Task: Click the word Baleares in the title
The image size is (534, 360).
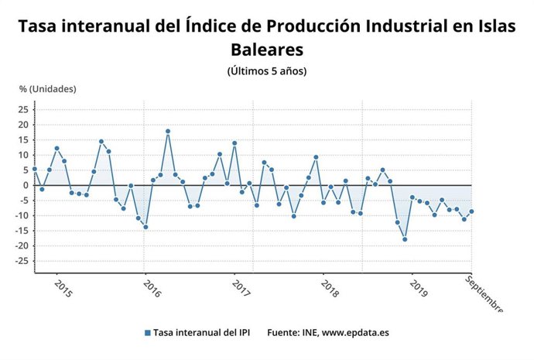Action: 267,50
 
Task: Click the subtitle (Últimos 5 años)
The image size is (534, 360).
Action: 267,71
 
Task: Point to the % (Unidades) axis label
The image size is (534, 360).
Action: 47,89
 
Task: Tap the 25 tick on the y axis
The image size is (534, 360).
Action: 22,109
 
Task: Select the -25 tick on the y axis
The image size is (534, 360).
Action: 21,261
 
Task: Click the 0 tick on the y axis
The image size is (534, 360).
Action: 25,185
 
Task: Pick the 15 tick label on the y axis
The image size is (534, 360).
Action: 22,139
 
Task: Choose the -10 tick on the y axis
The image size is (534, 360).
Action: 21,215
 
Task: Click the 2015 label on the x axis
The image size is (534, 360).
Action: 64,290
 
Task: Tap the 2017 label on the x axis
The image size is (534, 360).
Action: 242,290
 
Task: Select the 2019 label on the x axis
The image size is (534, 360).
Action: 419,290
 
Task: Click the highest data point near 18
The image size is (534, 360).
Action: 168,132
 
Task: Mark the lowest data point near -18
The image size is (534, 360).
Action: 405,239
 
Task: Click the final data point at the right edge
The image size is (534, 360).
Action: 471,211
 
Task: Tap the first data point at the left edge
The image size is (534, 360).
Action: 35,169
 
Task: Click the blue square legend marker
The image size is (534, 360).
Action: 147,333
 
